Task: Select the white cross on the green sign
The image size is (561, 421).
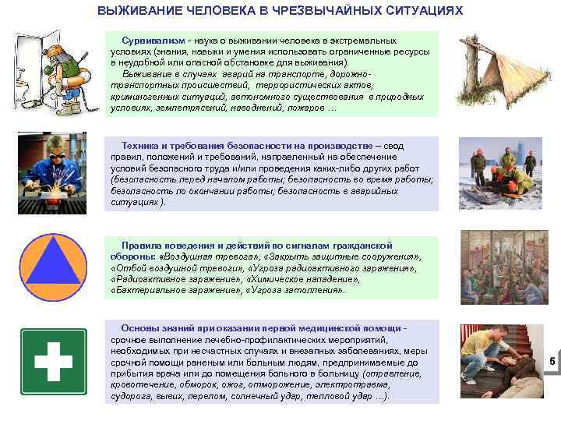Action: click(54, 361)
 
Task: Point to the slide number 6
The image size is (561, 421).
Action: click(552, 361)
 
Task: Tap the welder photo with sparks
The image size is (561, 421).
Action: click(54, 172)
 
